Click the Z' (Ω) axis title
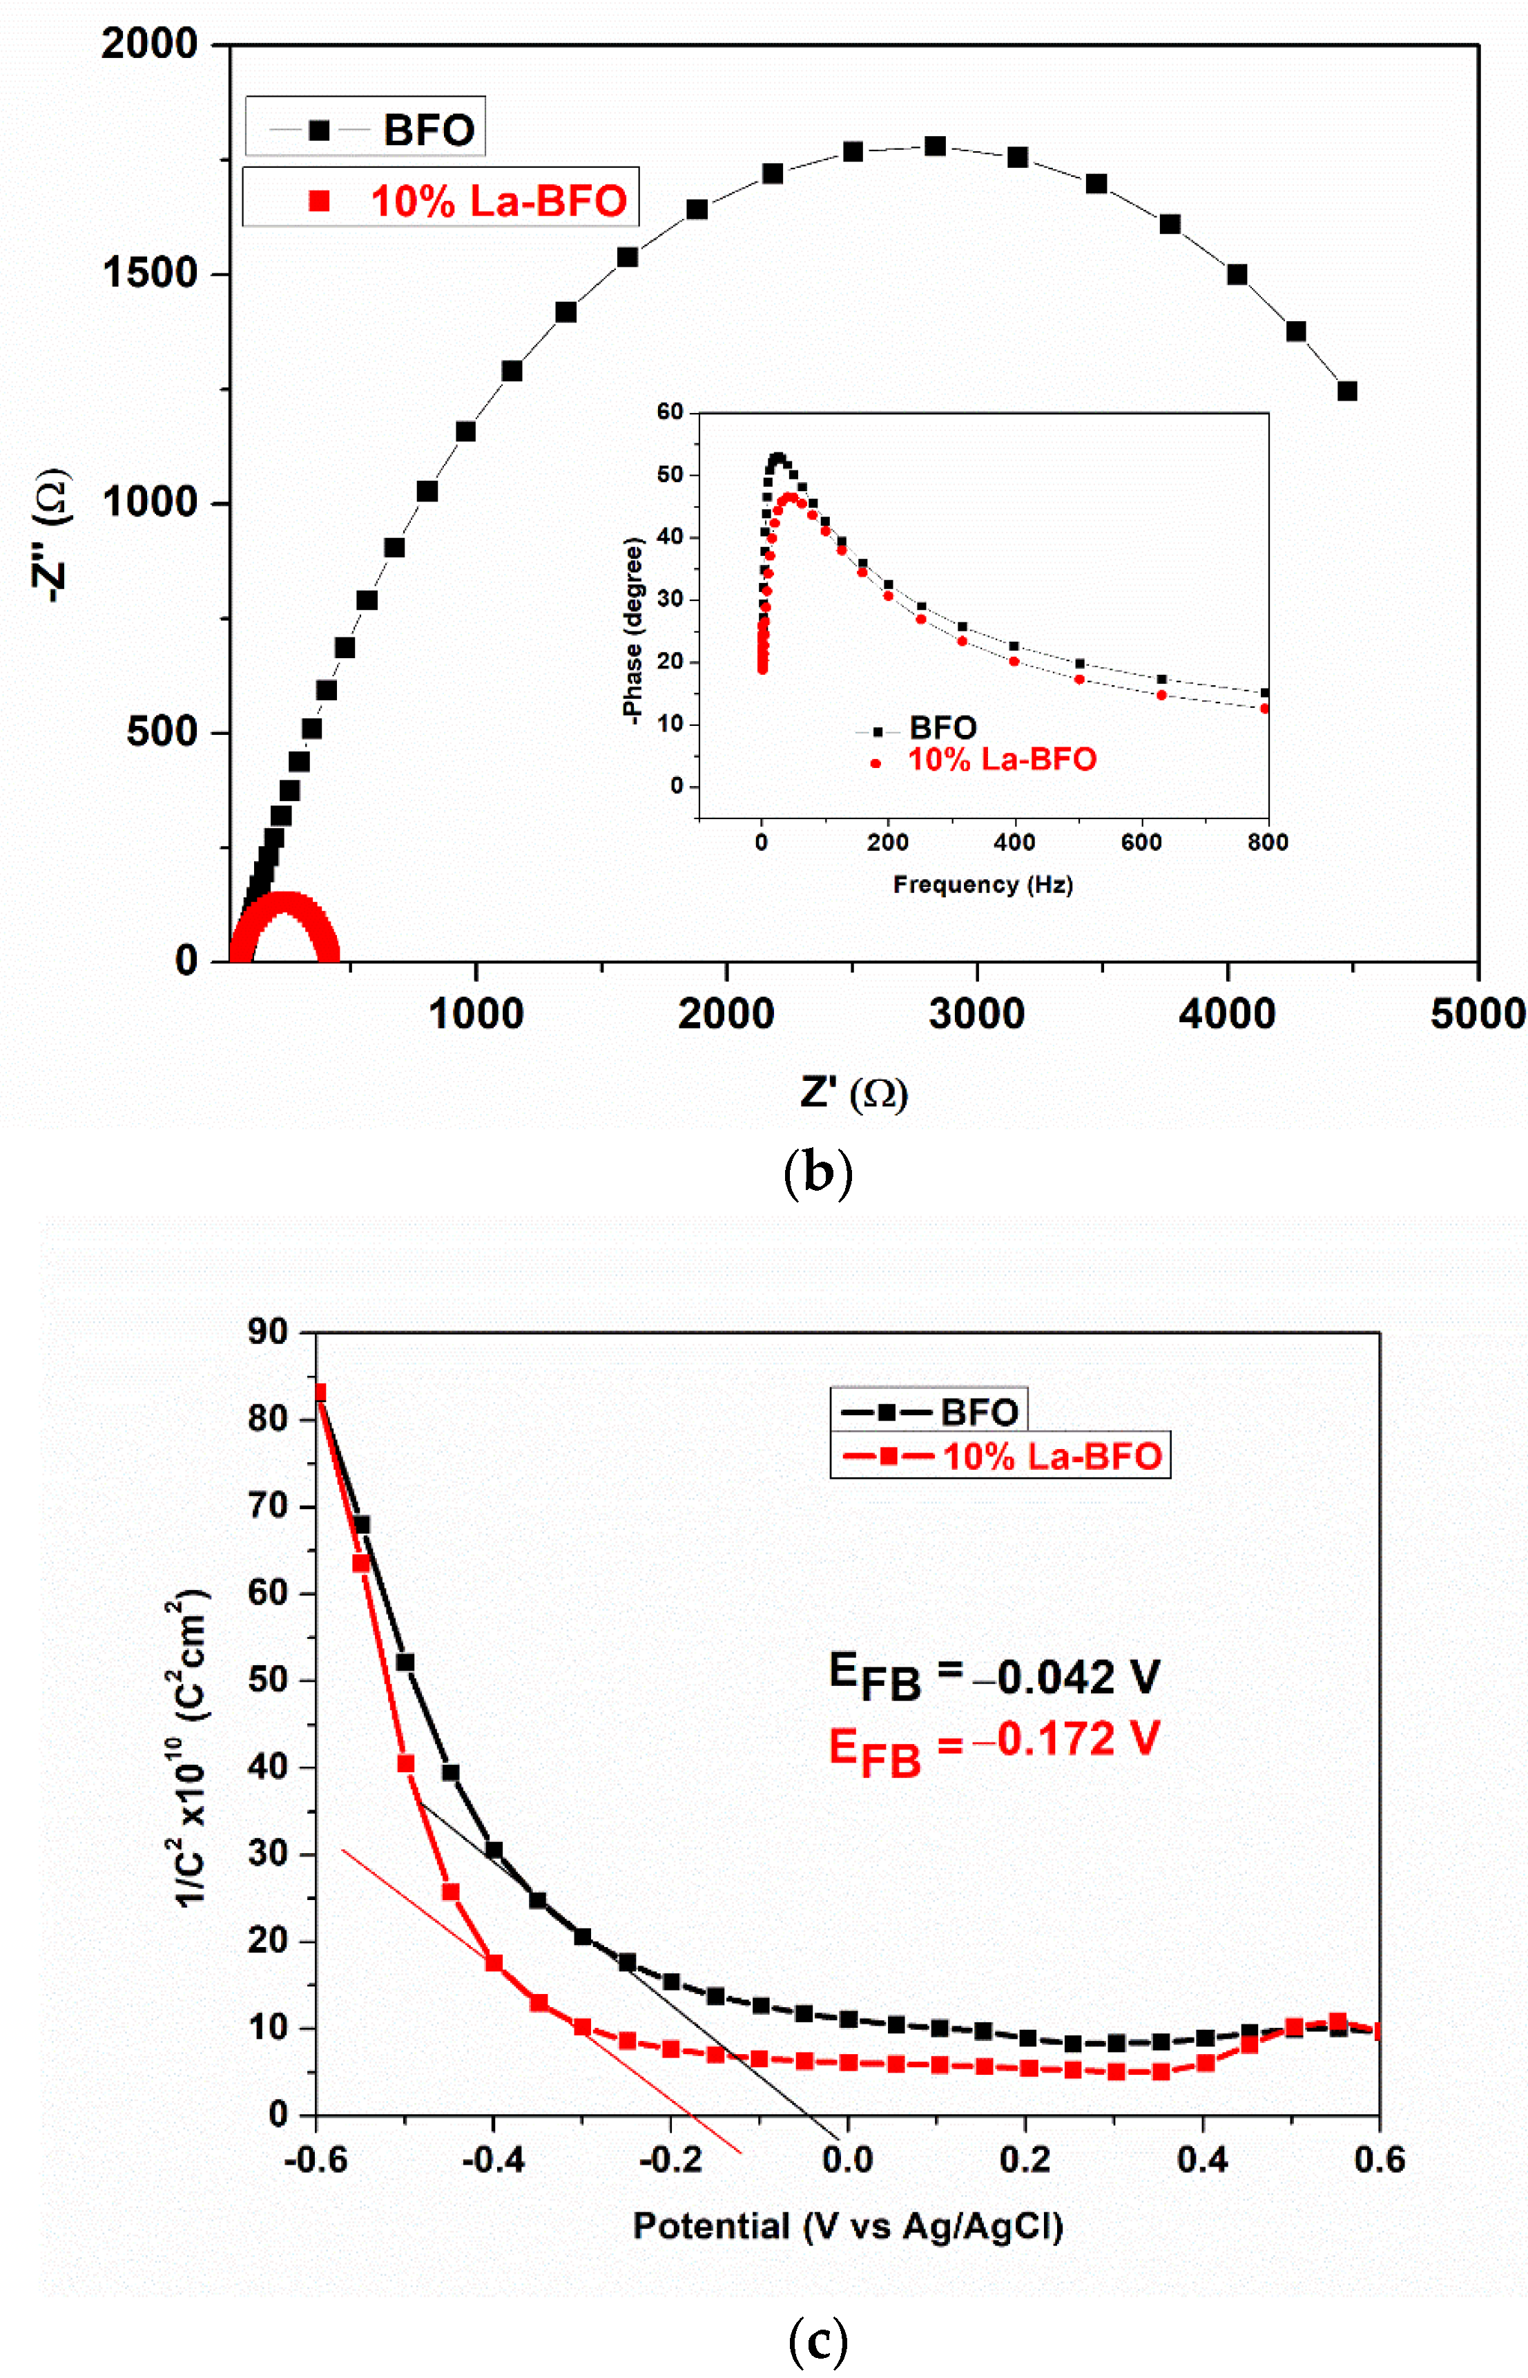tap(853, 1093)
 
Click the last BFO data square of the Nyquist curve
tap(1346, 391)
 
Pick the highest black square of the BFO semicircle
tap(935, 146)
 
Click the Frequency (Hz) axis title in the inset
tap(983, 884)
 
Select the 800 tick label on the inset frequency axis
tap(1267, 843)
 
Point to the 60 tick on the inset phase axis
tap(670, 412)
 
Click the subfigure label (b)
tap(818, 1173)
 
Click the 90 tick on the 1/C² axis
tap(267, 1332)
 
